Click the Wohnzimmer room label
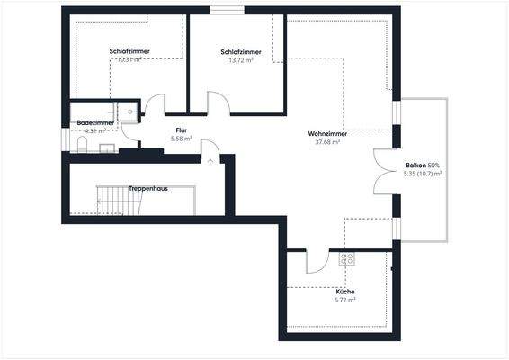point(327,134)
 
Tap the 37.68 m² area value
point(327,142)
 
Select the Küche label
point(345,292)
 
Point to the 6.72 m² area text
point(345,301)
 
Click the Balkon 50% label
point(423,166)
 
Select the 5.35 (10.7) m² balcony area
point(423,174)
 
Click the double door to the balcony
point(385,169)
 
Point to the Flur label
point(182,130)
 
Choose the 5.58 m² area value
point(182,139)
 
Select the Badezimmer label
point(95,121)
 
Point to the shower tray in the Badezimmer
point(131,112)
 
